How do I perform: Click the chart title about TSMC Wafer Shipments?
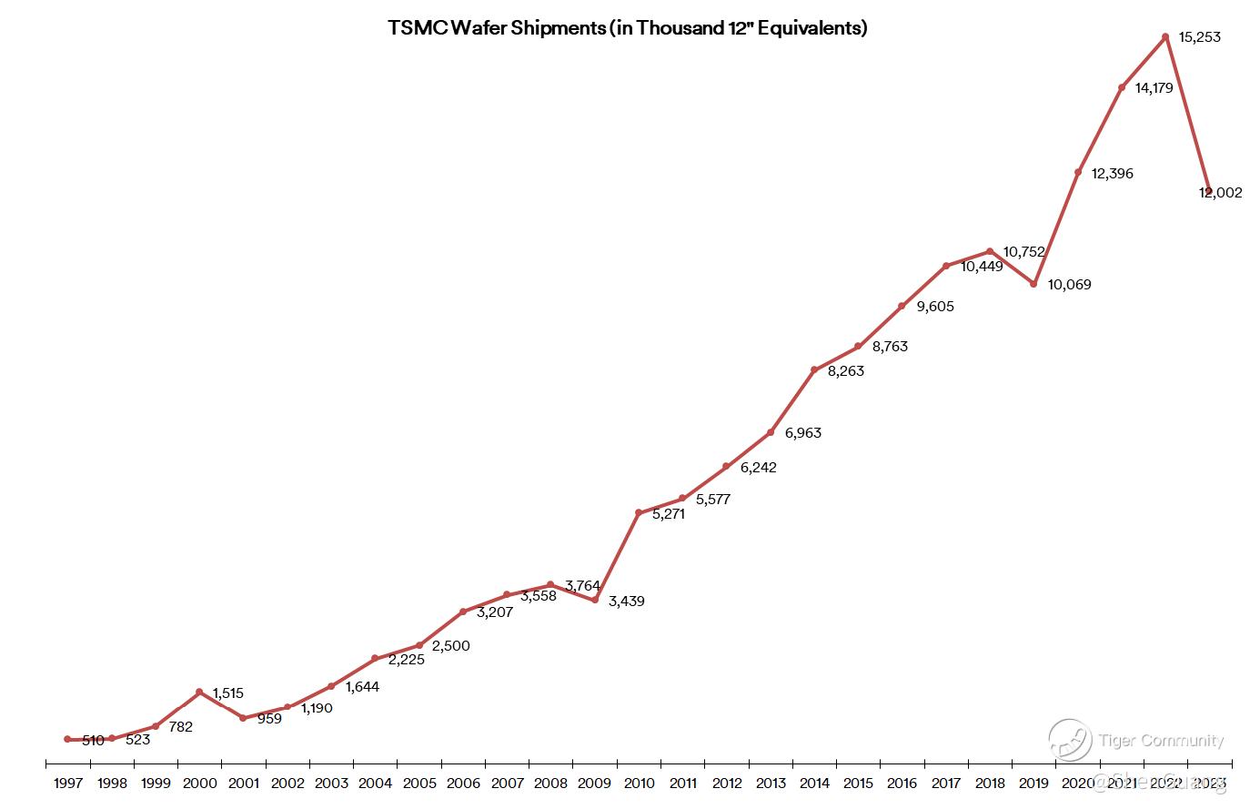tap(628, 28)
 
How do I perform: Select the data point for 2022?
tap(1165, 36)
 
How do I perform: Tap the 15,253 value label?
tap(1199, 37)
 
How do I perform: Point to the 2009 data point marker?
tap(594, 600)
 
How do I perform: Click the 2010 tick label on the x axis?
tap(639, 783)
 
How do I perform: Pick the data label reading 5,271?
tap(669, 514)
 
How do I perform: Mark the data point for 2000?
tap(199, 692)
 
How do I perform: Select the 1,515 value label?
tap(227, 693)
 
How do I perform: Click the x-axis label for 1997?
tap(68, 783)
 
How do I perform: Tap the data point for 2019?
tap(1033, 284)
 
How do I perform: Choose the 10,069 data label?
tap(1069, 285)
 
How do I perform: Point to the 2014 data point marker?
tap(814, 369)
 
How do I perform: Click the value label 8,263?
tap(846, 371)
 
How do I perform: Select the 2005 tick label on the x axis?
tap(419, 783)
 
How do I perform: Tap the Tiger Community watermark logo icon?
tap(1070, 740)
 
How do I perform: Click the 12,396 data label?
tap(1113, 174)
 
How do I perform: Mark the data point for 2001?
tap(243, 718)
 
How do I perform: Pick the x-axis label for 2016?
tap(902, 783)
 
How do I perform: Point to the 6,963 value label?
tap(802, 433)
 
